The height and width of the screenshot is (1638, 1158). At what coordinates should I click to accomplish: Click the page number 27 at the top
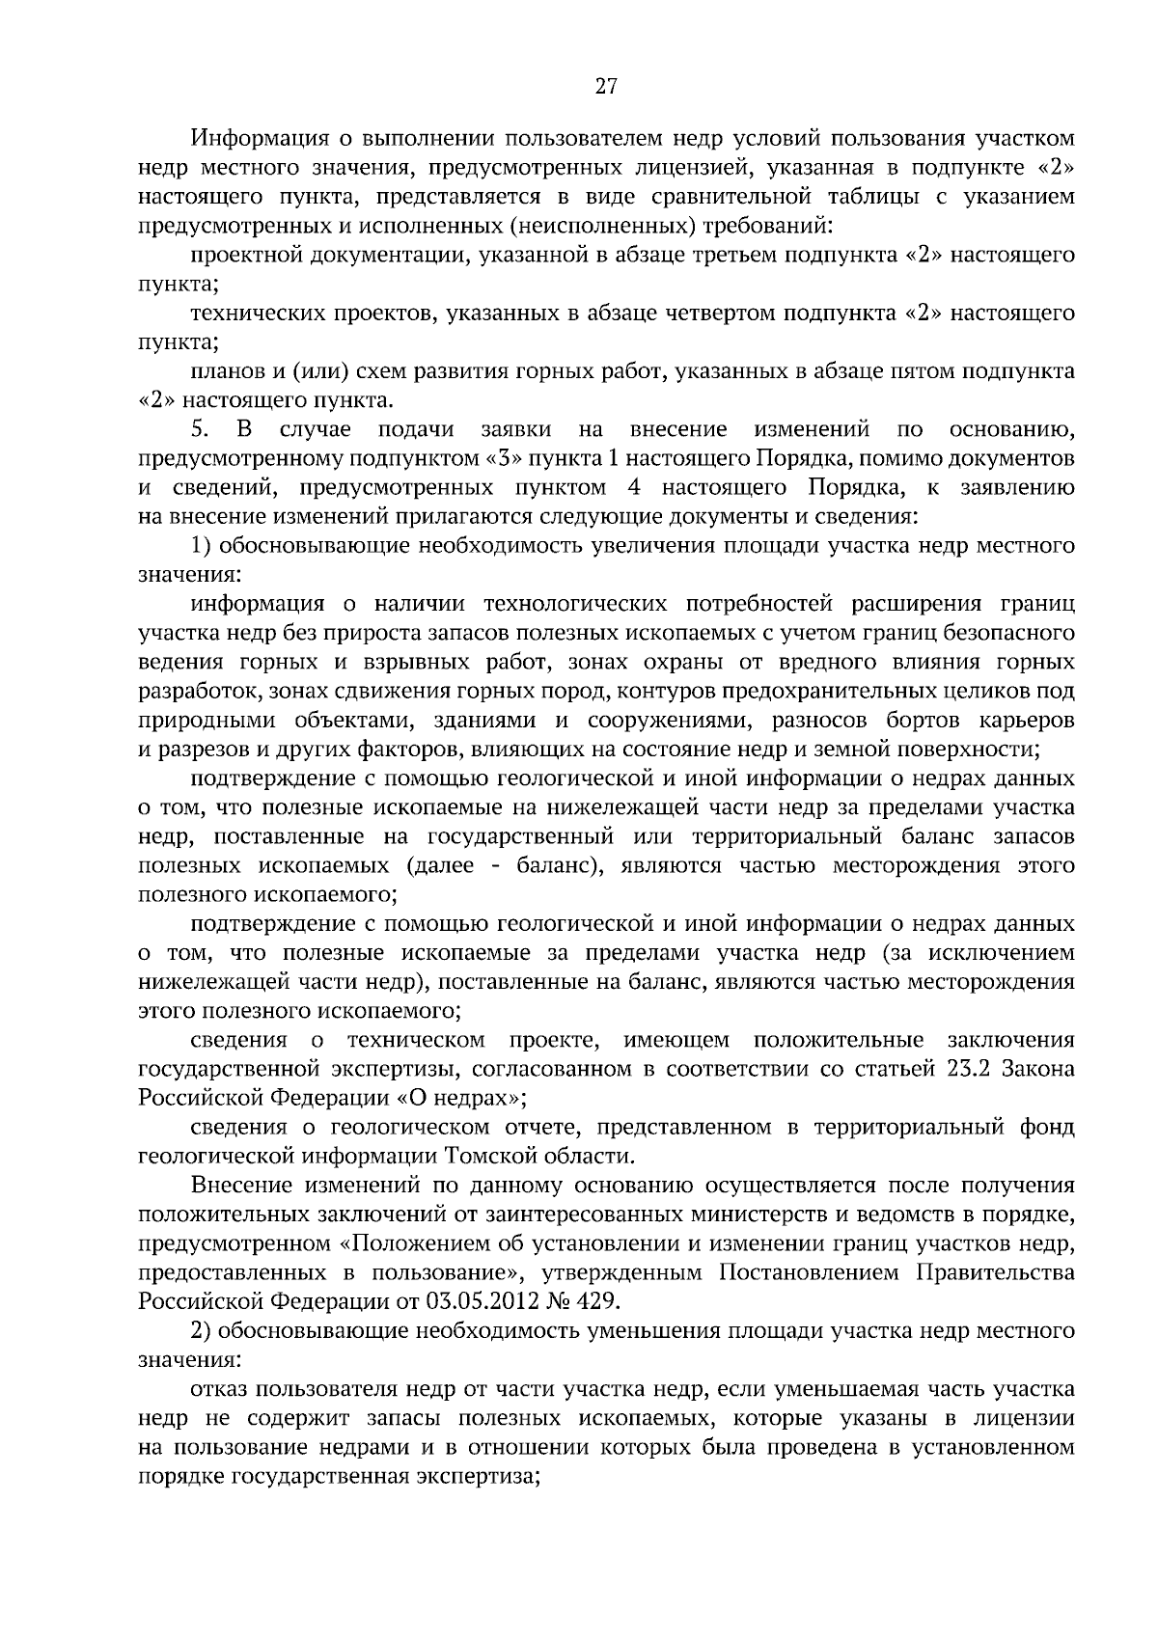605,87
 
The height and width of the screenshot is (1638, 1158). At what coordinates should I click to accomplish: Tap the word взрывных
422,663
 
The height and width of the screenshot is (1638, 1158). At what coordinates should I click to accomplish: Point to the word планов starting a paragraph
224,371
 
